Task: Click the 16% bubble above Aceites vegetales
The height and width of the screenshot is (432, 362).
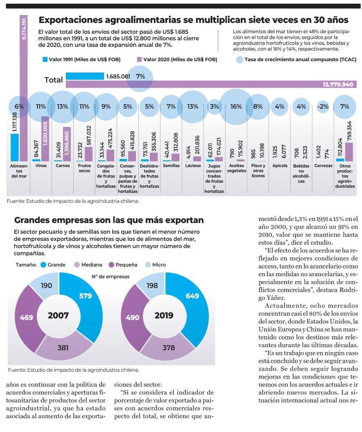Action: [236, 107]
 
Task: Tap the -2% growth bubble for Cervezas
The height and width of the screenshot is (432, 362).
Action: [323, 107]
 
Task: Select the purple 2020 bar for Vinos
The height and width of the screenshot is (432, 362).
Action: [45, 139]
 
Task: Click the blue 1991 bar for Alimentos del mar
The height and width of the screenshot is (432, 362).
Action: [15, 148]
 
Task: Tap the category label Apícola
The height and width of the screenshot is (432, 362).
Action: [280, 166]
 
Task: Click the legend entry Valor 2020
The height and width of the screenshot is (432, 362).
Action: [176, 60]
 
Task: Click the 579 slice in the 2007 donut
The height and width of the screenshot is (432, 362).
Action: [85, 296]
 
